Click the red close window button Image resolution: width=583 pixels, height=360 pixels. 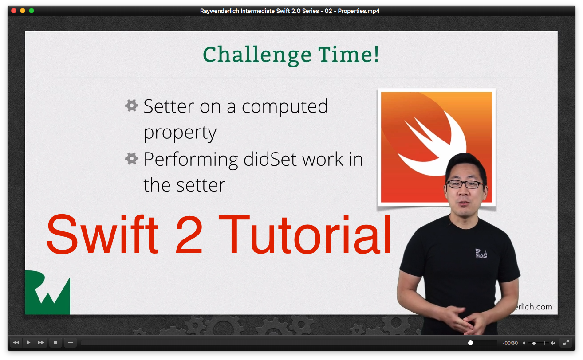pos(14,11)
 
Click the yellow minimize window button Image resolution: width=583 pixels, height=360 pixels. pos(23,11)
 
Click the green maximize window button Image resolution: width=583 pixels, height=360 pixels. pos(32,11)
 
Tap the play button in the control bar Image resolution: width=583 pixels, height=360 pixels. pos(28,343)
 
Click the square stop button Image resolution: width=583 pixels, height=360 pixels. pos(55,343)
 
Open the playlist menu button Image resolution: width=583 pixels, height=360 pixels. pos(70,343)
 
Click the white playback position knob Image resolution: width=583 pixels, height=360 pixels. pos(470,343)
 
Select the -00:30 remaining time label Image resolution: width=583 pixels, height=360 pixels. pos(510,343)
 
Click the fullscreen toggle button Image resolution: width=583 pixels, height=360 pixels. pos(566,343)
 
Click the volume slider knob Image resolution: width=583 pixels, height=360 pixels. pos(534,343)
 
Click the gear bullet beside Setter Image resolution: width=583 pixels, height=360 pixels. pos(131,106)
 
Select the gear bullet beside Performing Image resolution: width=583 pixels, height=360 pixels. pos(131,158)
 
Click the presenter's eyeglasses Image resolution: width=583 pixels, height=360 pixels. pos(465,184)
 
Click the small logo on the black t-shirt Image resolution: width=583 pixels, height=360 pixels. pos(481,254)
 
